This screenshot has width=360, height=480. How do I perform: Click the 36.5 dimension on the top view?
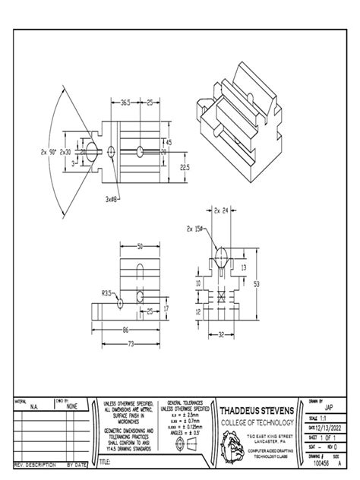click(x=125, y=102)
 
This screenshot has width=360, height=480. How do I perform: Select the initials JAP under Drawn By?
click(x=328, y=407)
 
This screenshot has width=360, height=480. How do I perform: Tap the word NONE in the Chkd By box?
click(x=72, y=406)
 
